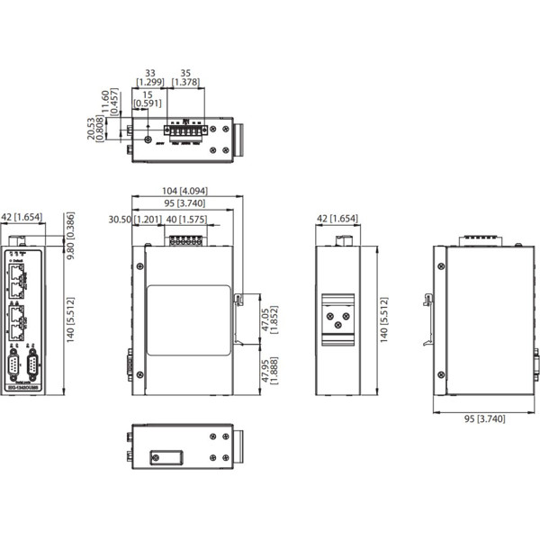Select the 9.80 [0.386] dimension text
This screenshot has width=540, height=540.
coord(73,230)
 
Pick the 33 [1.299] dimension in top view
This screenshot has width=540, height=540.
coord(148,76)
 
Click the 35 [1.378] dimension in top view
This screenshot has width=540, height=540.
coord(186,76)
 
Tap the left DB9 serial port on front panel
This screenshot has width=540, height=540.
coord(14,366)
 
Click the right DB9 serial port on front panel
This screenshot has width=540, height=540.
coord(31,366)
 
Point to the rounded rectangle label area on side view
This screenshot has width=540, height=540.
coord(188,312)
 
